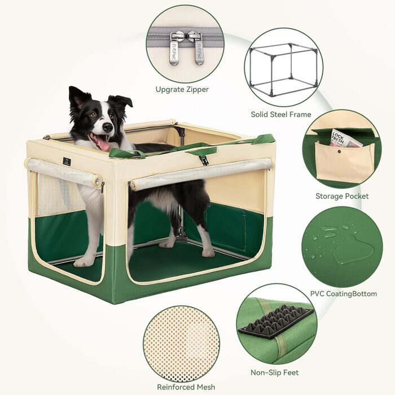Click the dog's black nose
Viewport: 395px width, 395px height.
pyautogui.click(x=108, y=128)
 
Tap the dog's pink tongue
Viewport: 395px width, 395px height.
pyautogui.click(x=103, y=144)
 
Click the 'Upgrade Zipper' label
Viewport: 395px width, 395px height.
pyautogui.click(x=182, y=89)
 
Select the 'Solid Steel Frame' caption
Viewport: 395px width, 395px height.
pyautogui.click(x=281, y=115)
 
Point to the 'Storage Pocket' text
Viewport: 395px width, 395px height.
pyautogui.click(x=342, y=196)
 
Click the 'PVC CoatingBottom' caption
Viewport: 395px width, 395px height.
pyautogui.click(x=343, y=294)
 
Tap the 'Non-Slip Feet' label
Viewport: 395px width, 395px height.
pyautogui.click(x=275, y=372)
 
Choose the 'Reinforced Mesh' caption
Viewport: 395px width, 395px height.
pyautogui.click(x=186, y=387)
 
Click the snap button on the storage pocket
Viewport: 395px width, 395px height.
pyautogui.click(x=339, y=152)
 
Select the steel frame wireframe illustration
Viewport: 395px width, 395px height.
pyautogui.click(x=283, y=69)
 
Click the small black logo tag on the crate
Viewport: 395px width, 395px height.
pyautogui.click(x=67, y=161)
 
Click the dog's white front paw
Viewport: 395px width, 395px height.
pyautogui.click(x=82, y=262)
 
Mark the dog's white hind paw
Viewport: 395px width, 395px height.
pyautogui.click(x=208, y=253)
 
